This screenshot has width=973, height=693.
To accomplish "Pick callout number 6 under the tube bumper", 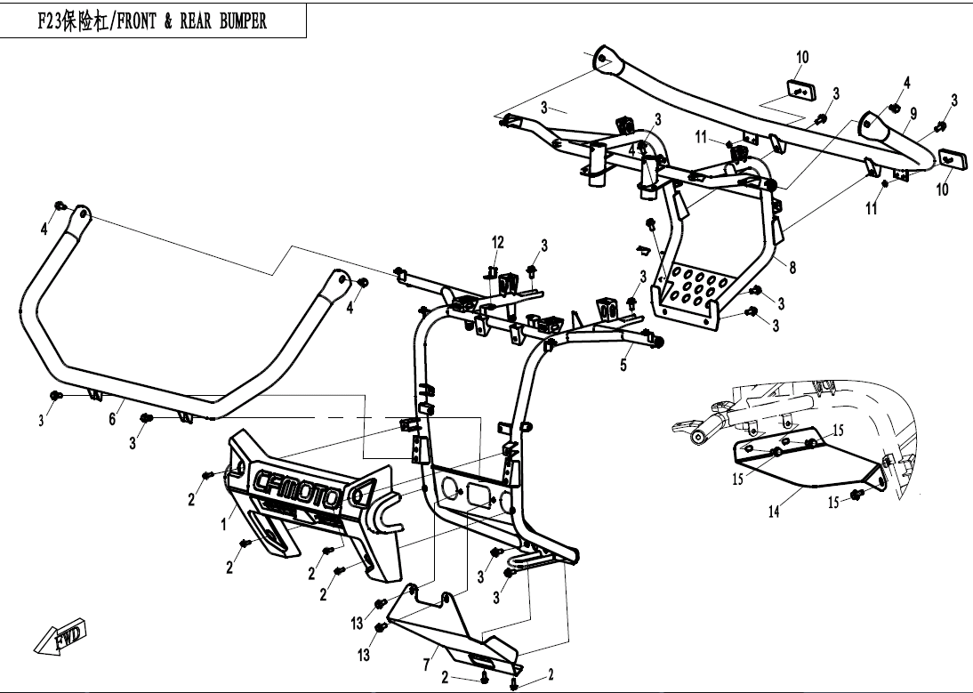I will (x=113, y=418).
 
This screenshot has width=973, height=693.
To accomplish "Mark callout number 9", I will (x=913, y=112).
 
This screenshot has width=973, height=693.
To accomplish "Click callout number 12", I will (x=498, y=242).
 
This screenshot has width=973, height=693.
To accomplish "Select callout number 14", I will (x=775, y=512).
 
